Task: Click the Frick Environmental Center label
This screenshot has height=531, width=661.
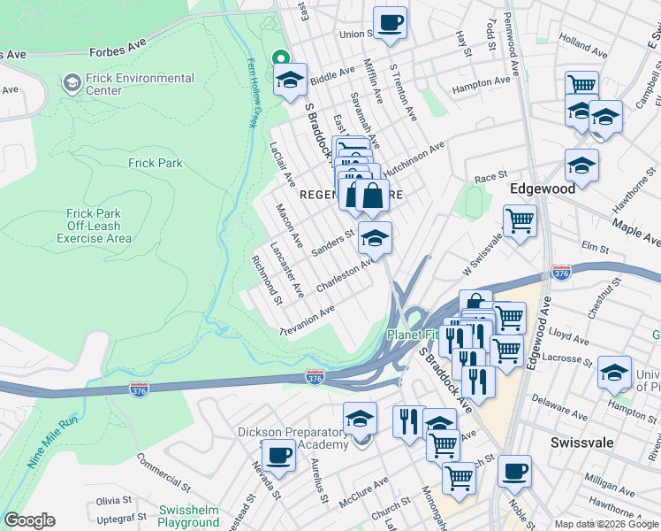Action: (140, 84)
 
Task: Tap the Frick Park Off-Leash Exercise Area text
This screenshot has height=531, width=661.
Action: (95, 226)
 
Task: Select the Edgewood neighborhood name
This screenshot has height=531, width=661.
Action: (543, 189)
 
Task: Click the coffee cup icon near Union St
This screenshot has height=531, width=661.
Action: (390, 22)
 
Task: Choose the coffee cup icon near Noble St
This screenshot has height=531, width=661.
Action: (514, 471)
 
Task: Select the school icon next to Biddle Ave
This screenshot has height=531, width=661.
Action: (290, 80)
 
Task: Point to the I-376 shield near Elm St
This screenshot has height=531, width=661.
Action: (560, 272)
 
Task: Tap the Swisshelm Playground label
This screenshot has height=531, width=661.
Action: (188, 517)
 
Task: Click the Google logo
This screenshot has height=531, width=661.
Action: (29, 520)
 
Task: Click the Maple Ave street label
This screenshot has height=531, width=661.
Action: (636, 235)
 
